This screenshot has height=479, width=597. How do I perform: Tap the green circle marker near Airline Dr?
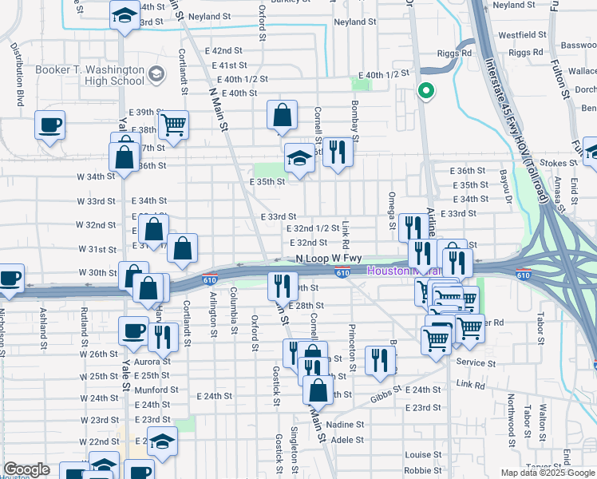[426, 91]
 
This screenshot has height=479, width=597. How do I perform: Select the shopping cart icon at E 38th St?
[173, 124]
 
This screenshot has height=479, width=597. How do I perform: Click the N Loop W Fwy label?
[329, 259]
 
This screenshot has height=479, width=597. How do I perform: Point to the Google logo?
[26, 469]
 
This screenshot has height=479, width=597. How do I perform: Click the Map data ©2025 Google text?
[548, 473]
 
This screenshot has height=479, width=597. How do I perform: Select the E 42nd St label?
[223, 50]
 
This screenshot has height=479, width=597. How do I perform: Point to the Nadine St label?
[346, 425]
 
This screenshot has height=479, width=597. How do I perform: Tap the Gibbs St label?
[385, 397]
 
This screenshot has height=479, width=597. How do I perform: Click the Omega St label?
[392, 210]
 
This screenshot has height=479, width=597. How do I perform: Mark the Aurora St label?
[152, 362]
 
